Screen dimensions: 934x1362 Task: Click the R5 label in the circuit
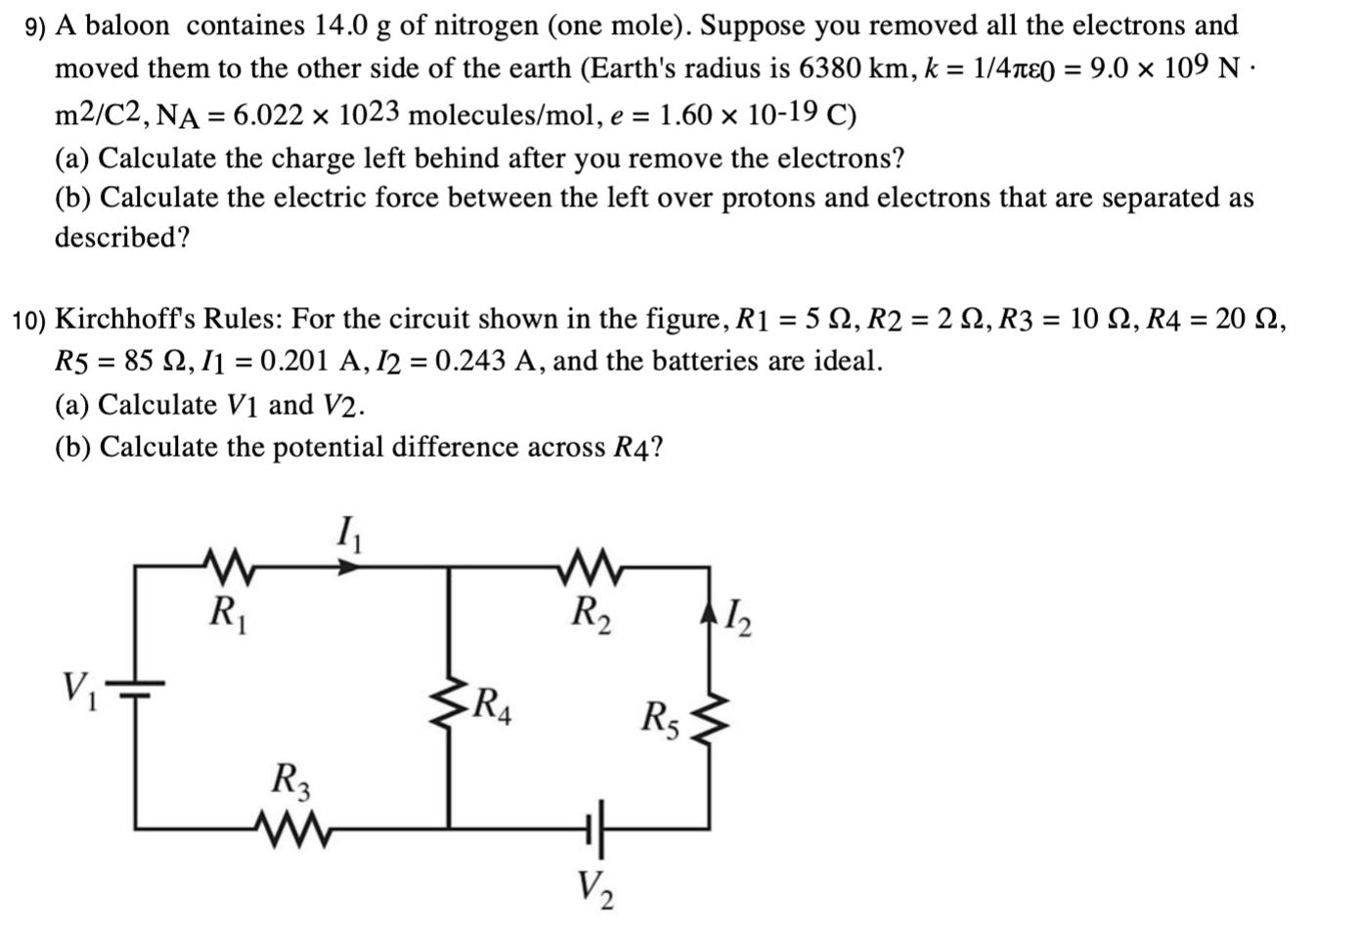pyautogui.click(x=661, y=720)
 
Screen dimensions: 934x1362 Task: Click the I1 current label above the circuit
pyautogui.click(x=346, y=537)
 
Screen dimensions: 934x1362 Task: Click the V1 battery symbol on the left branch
pyautogui.click(x=136, y=689)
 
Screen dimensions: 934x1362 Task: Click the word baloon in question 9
pyautogui.click(x=126, y=26)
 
